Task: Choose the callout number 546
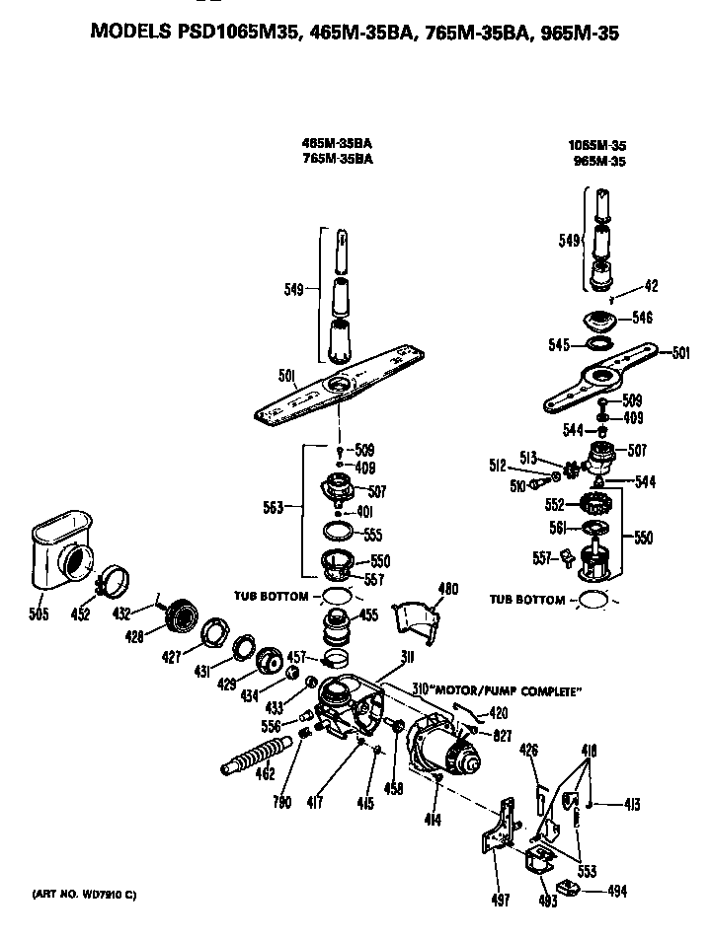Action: click(641, 318)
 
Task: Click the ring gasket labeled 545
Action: click(598, 344)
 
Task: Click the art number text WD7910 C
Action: click(84, 894)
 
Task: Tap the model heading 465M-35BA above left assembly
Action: click(337, 142)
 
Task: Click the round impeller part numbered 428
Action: click(180, 616)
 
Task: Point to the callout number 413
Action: click(631, 805)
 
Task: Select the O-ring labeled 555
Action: click(338, 534)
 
